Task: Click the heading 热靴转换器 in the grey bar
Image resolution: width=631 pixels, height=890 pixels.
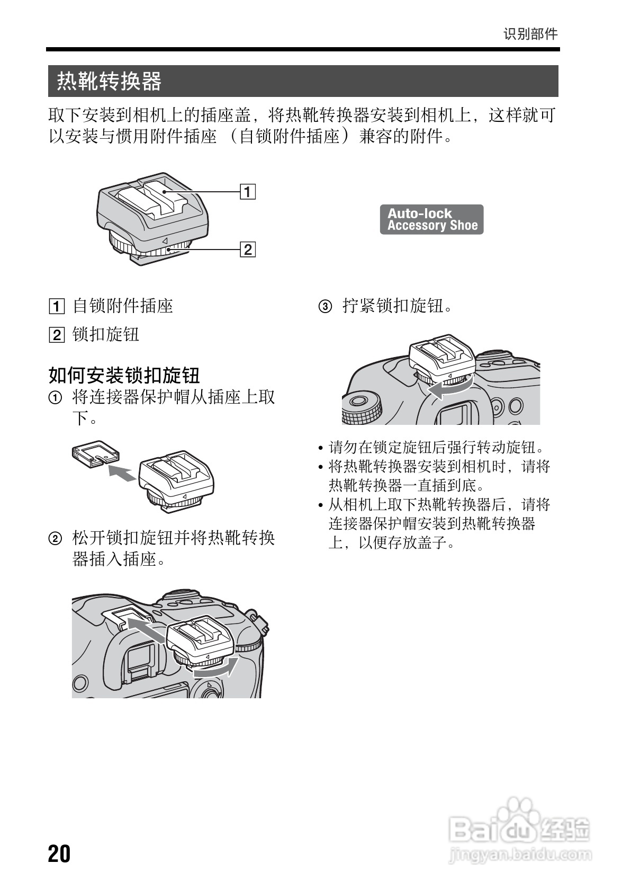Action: click(109, 81)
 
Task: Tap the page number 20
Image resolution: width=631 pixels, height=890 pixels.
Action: click(59, 854)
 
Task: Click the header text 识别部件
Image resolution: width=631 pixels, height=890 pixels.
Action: click(530, 34)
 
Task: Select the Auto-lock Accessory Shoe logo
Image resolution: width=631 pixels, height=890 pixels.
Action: click(431, 219)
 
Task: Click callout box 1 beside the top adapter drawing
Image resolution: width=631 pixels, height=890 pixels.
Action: click(248, 191)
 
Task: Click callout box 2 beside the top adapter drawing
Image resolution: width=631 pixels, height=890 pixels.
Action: click(248, 249)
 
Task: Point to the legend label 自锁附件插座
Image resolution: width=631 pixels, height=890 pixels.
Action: click(123, 306)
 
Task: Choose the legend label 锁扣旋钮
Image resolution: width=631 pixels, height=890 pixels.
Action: click(106, 334)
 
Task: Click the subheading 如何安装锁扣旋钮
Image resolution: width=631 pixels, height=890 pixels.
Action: click(124, 375)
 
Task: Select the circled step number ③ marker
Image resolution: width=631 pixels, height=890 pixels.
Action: click(325, 306)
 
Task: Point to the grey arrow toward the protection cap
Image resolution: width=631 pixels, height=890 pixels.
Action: click(121, 472)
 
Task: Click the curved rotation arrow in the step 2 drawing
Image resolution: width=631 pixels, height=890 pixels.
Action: click(214, 669)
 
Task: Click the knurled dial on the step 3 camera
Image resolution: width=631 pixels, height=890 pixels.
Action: click(362, 408)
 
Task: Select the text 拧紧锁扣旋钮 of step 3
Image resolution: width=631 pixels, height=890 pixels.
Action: click(397, 306)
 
